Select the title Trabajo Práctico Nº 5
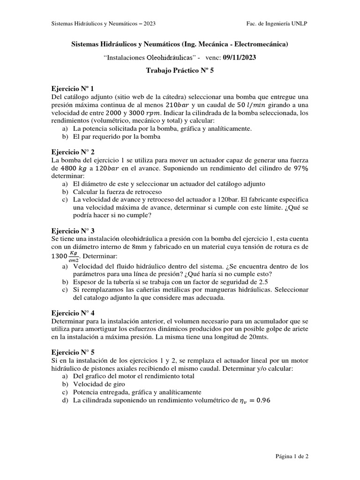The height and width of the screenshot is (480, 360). click(180, 71)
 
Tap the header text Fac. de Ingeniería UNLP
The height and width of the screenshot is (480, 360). click(277, 24)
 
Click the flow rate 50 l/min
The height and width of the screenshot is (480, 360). click(251, 105)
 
